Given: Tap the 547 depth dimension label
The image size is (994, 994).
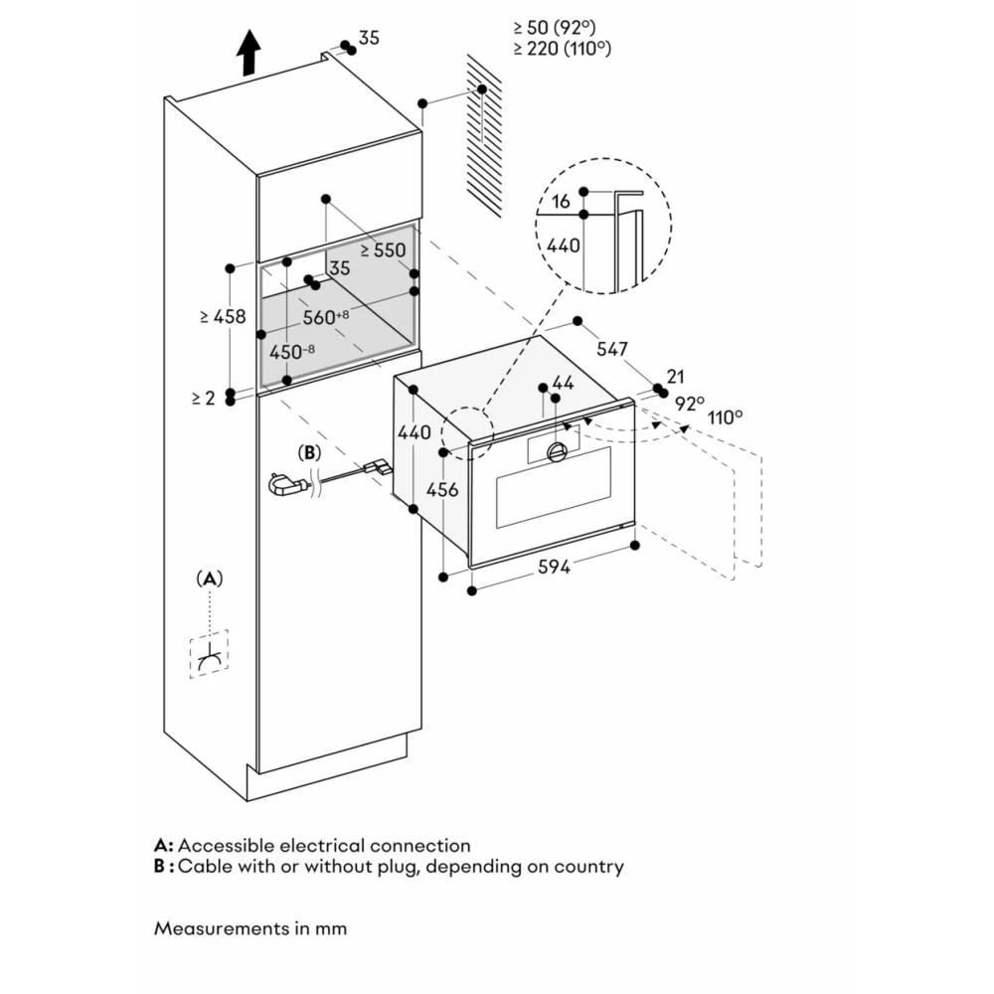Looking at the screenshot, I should [x=612, y=349].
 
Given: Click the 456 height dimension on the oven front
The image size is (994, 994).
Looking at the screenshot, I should [x=443, y=491].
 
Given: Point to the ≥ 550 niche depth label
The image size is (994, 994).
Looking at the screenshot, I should [x=383, y=250].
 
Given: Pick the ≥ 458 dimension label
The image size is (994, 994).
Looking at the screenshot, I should [x=223, y=316].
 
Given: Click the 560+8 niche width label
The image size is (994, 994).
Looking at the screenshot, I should [x=326, y=318].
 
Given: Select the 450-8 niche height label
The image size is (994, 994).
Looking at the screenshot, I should [x=292, y=351].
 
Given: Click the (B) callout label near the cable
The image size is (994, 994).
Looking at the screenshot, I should [x=310, y=452].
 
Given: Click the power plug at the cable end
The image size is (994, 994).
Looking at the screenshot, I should [x=284, y=485].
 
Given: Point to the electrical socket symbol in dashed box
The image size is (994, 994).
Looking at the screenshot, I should [x=209, y=656].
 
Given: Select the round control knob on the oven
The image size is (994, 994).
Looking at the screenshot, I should [x=556, y=452].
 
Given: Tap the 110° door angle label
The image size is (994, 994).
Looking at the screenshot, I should [x=726, y=416].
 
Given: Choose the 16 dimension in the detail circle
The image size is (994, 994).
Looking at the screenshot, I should [x=561, y=202].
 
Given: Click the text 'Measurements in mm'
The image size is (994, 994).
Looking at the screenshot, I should [x=250, y=928].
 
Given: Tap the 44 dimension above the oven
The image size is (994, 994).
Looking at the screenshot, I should [x=563, y=383].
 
